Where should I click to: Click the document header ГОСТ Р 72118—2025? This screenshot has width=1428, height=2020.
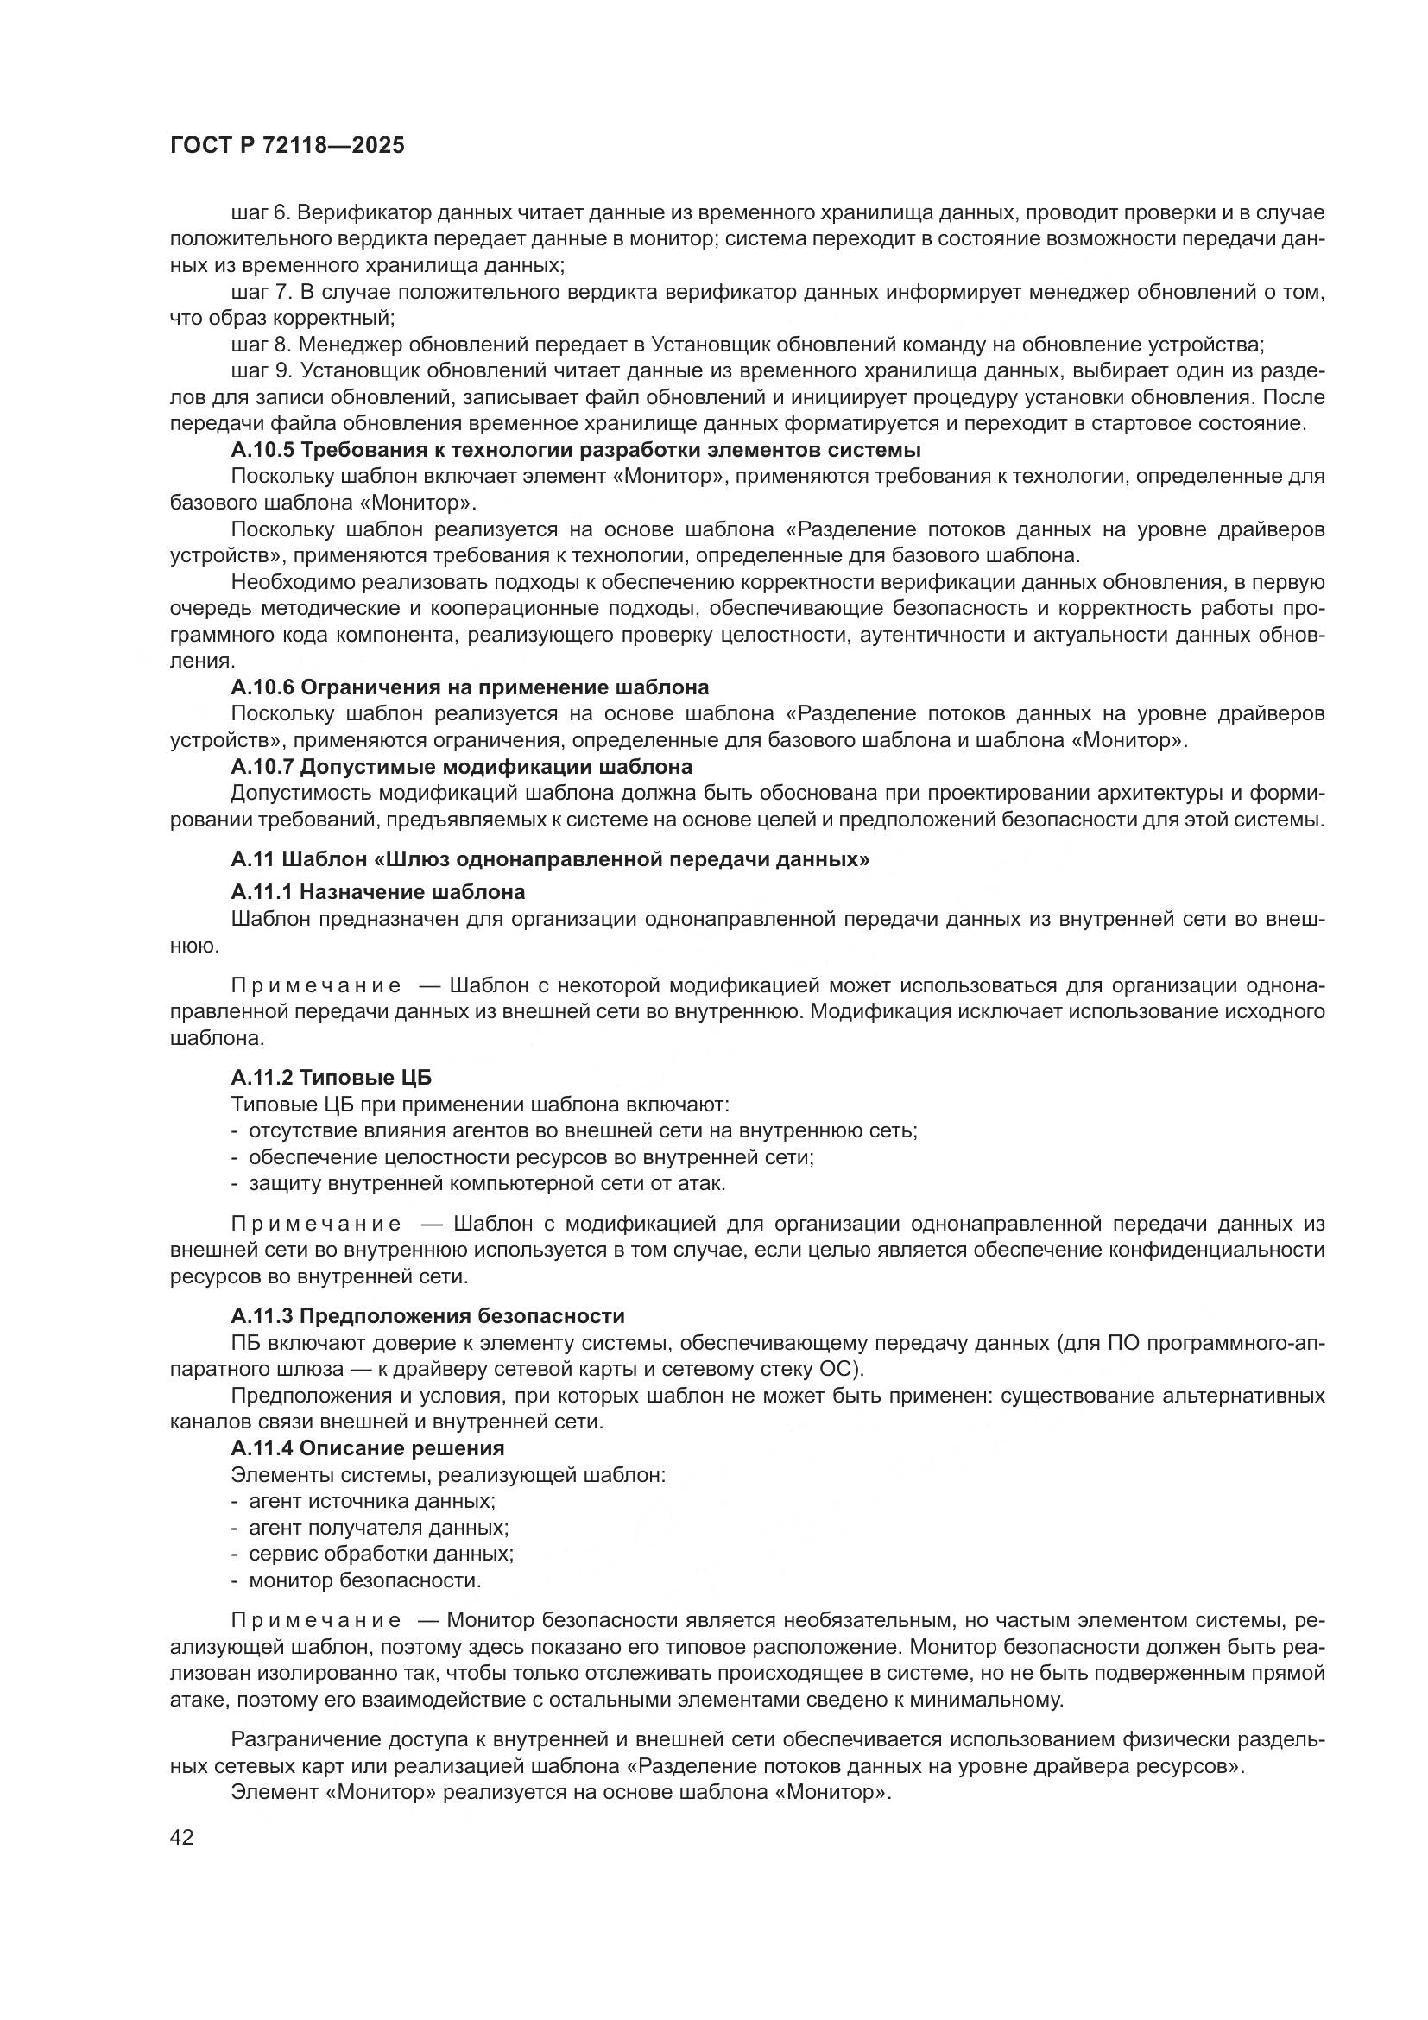coord(287,145)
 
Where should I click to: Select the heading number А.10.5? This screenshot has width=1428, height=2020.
coord(263,451)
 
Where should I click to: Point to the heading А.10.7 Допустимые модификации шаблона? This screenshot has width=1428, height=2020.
coord(461,766)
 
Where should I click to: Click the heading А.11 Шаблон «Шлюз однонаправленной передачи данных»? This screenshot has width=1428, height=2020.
coord(550,859)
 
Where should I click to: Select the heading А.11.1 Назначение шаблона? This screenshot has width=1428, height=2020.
coord(378,892)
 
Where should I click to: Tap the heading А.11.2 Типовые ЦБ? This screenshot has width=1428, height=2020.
coord(332,1078)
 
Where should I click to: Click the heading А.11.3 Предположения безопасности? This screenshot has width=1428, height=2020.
coord(427,1316)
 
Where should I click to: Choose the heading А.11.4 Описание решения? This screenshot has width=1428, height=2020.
coord(368,1448)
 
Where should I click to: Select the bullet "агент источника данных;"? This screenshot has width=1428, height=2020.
coord(372,1501)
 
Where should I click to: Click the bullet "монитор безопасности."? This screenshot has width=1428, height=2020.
coord(365,1580)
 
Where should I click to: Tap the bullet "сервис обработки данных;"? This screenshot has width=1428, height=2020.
coord(381,1554)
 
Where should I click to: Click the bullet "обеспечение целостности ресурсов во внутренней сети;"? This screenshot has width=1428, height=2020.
coord(531,1157)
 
